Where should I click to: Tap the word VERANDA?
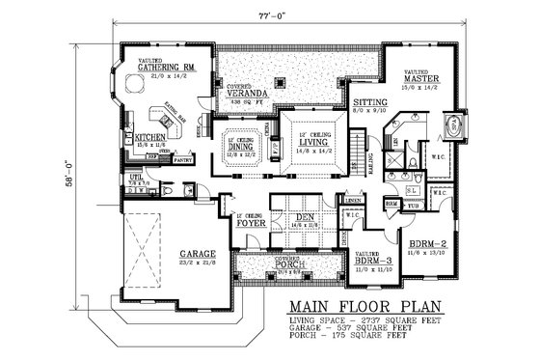point(244,92)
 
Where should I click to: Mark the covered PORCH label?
point(294,266)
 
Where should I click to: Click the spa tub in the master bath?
point(451,126)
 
